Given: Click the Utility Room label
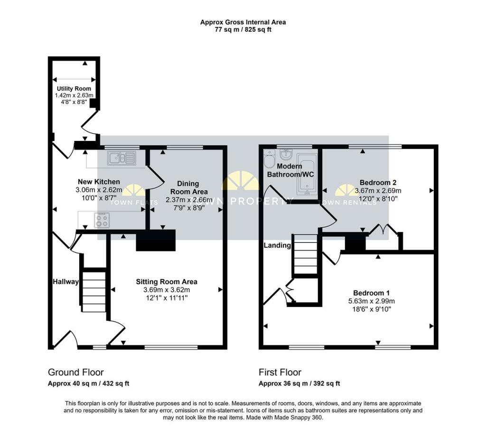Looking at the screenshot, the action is pos(74,89).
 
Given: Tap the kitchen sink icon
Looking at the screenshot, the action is pos(122,158).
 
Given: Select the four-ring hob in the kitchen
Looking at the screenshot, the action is pos(102,220).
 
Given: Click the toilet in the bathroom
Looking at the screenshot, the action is pos(270,159).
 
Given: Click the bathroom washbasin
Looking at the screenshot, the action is pos(285,153).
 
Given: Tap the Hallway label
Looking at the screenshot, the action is pos(65,282).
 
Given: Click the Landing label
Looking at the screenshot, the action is pos(277,245).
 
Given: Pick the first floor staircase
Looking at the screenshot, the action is pos(306,254).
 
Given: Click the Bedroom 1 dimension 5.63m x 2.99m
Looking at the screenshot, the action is pos(372,301).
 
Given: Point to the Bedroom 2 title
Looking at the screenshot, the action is pos(378,183).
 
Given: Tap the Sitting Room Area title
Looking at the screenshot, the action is pos(167,282).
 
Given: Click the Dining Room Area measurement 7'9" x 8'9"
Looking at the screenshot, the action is pos(189,208).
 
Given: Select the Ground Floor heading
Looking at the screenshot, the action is pos(75,372).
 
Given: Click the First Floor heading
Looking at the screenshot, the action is pos(280,372).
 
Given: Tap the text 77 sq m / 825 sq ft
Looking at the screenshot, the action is pos(243,30).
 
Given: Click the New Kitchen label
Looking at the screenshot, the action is pos(99,182).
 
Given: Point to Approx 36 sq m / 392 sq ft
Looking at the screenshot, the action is pos(299,383).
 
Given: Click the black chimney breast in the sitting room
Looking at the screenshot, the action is pos(156,240).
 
